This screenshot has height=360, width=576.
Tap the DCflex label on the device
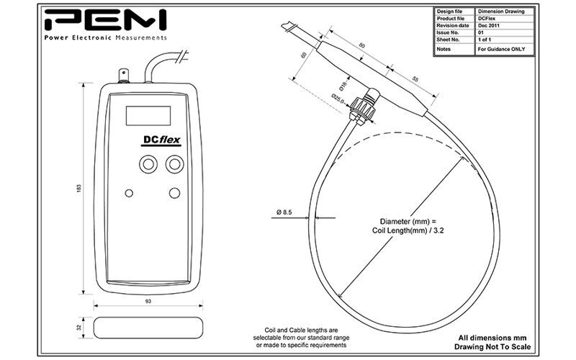[161, 140]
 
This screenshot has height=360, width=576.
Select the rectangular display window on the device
[148, 116]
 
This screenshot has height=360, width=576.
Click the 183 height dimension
[78, 189]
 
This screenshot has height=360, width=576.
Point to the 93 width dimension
[148, 301]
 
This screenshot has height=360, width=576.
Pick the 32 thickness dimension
[78, 328]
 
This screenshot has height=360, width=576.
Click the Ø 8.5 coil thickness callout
[284, 212]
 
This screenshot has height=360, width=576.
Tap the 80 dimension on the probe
[362, 45]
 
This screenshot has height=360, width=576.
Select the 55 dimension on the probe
[415, 79]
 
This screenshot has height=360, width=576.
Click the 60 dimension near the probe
[303, 55]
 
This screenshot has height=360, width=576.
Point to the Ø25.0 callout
[338, 99]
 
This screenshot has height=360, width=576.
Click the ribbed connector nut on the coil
[362, 109]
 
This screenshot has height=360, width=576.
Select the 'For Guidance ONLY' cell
[501, 49]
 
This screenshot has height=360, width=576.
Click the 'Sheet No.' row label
[448, 40]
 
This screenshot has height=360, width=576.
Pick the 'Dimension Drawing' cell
[501, 12]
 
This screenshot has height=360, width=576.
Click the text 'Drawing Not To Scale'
[492, 347]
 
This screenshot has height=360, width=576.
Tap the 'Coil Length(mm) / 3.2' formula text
[408, 230]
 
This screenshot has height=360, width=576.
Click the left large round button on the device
[148, 164]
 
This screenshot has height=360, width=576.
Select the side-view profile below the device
[148, 328]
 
